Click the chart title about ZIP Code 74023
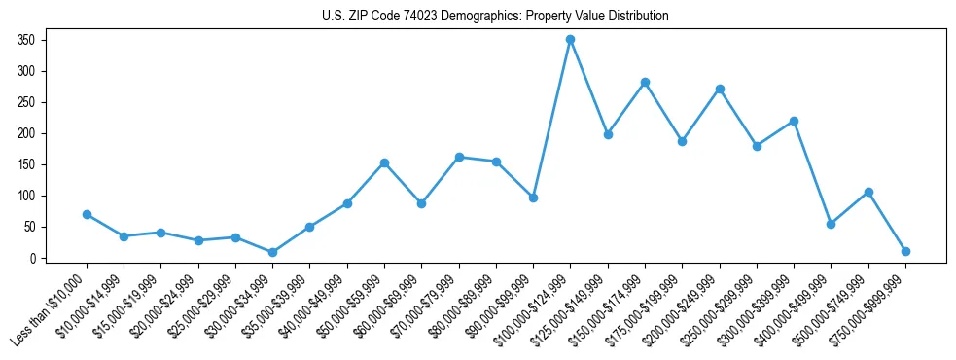tap(495, 17)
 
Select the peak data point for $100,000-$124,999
tap(571, 39)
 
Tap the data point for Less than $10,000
tap(87, 214)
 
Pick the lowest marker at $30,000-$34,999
tap(272, 252)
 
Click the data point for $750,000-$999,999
tap(905, 251)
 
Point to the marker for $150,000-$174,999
tap(645, 82)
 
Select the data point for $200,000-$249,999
tap(720, 89)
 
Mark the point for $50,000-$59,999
tap(384, 162)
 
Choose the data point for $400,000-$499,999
tap(831, 224)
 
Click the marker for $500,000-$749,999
tap(868, 192)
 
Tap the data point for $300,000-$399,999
tap(794, 121)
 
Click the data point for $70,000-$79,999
tap(459, 157)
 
